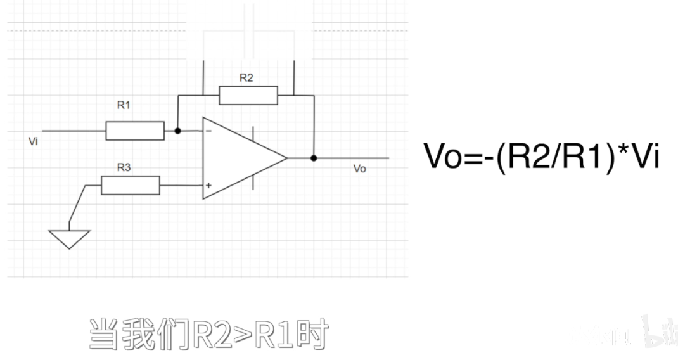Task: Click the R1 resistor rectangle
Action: [134, 131]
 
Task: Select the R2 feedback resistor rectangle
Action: [248, 95]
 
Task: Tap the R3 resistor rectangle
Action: [131, 186]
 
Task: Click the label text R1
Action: [124, 106]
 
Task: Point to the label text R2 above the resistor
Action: [246, 78]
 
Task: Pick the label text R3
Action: [124, 168]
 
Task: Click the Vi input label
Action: [34, 141]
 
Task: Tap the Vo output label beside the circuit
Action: [359, 169]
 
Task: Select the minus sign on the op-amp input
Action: [209, 131]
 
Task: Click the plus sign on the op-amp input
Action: [208, 186]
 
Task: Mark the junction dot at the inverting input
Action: [178, 131]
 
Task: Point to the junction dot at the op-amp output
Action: [314, 158]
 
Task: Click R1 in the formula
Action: [582, 156]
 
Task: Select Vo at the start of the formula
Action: [443, 156]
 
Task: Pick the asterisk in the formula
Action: [625, 152]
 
